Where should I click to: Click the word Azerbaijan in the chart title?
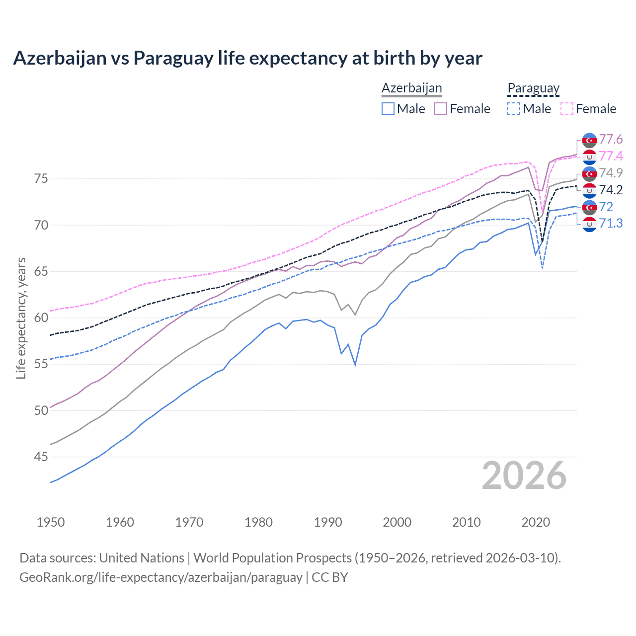(x=60, y=58)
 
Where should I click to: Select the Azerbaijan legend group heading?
(x=411, y=88)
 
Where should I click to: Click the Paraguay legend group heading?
(x=533, y=88)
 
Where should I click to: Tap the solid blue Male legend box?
(x=388, y=109)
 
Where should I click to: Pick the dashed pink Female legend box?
(x=567, y=109)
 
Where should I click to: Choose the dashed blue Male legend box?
(x=514, y=109)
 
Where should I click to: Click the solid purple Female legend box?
(x=441, y=109)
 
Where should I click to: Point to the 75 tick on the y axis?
(x=41, y=178)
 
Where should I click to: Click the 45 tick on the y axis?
(x=41, y=457)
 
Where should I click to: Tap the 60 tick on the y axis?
(x=41, y=318)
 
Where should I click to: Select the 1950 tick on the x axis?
(x=51, y=522)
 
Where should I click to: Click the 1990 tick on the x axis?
(x=328, y=522)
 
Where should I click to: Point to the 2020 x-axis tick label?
(x=536, y=522)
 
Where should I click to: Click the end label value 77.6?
(x=611, y=139)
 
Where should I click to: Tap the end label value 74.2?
(x=611, y=190)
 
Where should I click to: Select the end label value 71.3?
(x=611, y=224)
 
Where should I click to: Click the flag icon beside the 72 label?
(x=589, y=207)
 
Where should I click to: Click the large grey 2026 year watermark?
(x=524, y=476)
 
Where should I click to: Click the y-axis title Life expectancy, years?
(x=21, y=318)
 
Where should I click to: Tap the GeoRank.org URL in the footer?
(x=160, y=577)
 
